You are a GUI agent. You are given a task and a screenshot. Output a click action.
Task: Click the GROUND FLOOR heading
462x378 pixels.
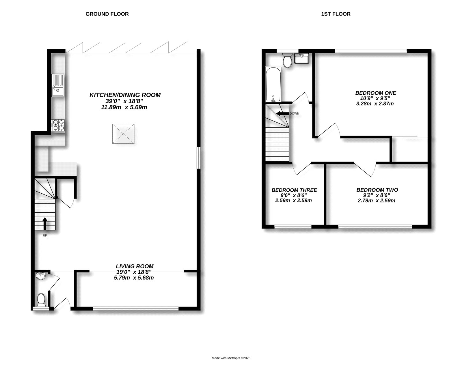pyautogui.click(x=107, y=14)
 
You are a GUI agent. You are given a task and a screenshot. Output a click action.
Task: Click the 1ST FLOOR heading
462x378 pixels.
pyautogui.click(x=336, y=14)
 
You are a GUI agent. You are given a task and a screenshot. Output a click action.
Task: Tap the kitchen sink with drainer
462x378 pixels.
pyautogui.click(x=58, y=85)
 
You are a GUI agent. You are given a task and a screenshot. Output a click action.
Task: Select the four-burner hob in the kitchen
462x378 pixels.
pyautogui.click(x=58, y=125)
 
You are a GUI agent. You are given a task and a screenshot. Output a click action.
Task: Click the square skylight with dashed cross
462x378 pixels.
pyautogui.click(x=123, y=134)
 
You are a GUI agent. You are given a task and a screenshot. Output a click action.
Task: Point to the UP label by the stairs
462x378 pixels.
pyautogui.click(x=45, y=235)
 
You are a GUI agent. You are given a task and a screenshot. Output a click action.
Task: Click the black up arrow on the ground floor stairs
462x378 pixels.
pyautogui.click(x=45, y=224)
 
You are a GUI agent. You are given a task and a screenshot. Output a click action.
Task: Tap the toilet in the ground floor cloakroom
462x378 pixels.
pyautogui.click(x=41, y=300)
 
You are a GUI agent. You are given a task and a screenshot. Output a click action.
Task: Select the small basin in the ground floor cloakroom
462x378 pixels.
pyautogui.click(x=41, y=276)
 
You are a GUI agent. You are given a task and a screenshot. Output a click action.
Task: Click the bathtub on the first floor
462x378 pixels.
pyautogui.click(x=273, y=85)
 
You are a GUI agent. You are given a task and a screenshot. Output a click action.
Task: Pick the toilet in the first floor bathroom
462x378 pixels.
pyautogui.click(x=287, y=60)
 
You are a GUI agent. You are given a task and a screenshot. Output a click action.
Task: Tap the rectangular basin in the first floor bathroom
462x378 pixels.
pyautogui.click(x=301, y=58)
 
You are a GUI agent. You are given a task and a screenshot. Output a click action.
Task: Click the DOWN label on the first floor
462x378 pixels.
pyautogui.click(x=295, y=114)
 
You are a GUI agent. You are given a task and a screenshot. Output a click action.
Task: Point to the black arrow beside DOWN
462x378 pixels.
pyautogui.click(x=283, y=114)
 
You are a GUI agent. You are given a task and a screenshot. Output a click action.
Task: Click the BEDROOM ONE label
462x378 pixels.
pyautogui.click(x=376, y=93)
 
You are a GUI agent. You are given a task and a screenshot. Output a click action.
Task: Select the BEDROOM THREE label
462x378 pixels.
pyautogui.click(x=294, y=190)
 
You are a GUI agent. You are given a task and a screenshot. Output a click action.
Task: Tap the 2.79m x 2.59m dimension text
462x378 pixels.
pyautogui.click(x=376, y=201)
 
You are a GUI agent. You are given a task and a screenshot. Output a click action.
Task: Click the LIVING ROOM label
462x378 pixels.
pyautogui.click(x=135, y=266)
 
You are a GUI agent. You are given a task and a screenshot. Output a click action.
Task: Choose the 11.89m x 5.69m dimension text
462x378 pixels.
pyautogui.click(x=124, y=107)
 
